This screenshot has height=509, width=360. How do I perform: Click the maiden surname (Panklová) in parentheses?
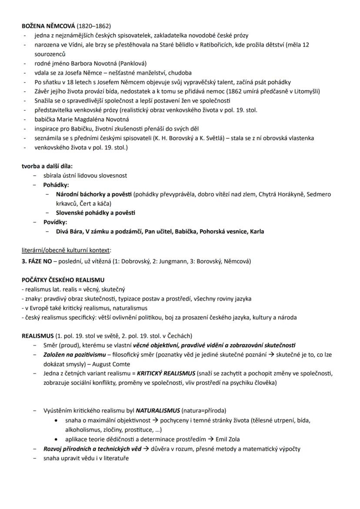pos(131,63)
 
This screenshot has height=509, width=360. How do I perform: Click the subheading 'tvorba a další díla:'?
pos(47,166)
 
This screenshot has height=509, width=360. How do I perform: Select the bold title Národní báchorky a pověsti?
pos(94,194)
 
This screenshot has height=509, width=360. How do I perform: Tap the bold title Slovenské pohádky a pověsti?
pos(95,213)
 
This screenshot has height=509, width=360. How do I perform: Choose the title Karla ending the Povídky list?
pos(257,231)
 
